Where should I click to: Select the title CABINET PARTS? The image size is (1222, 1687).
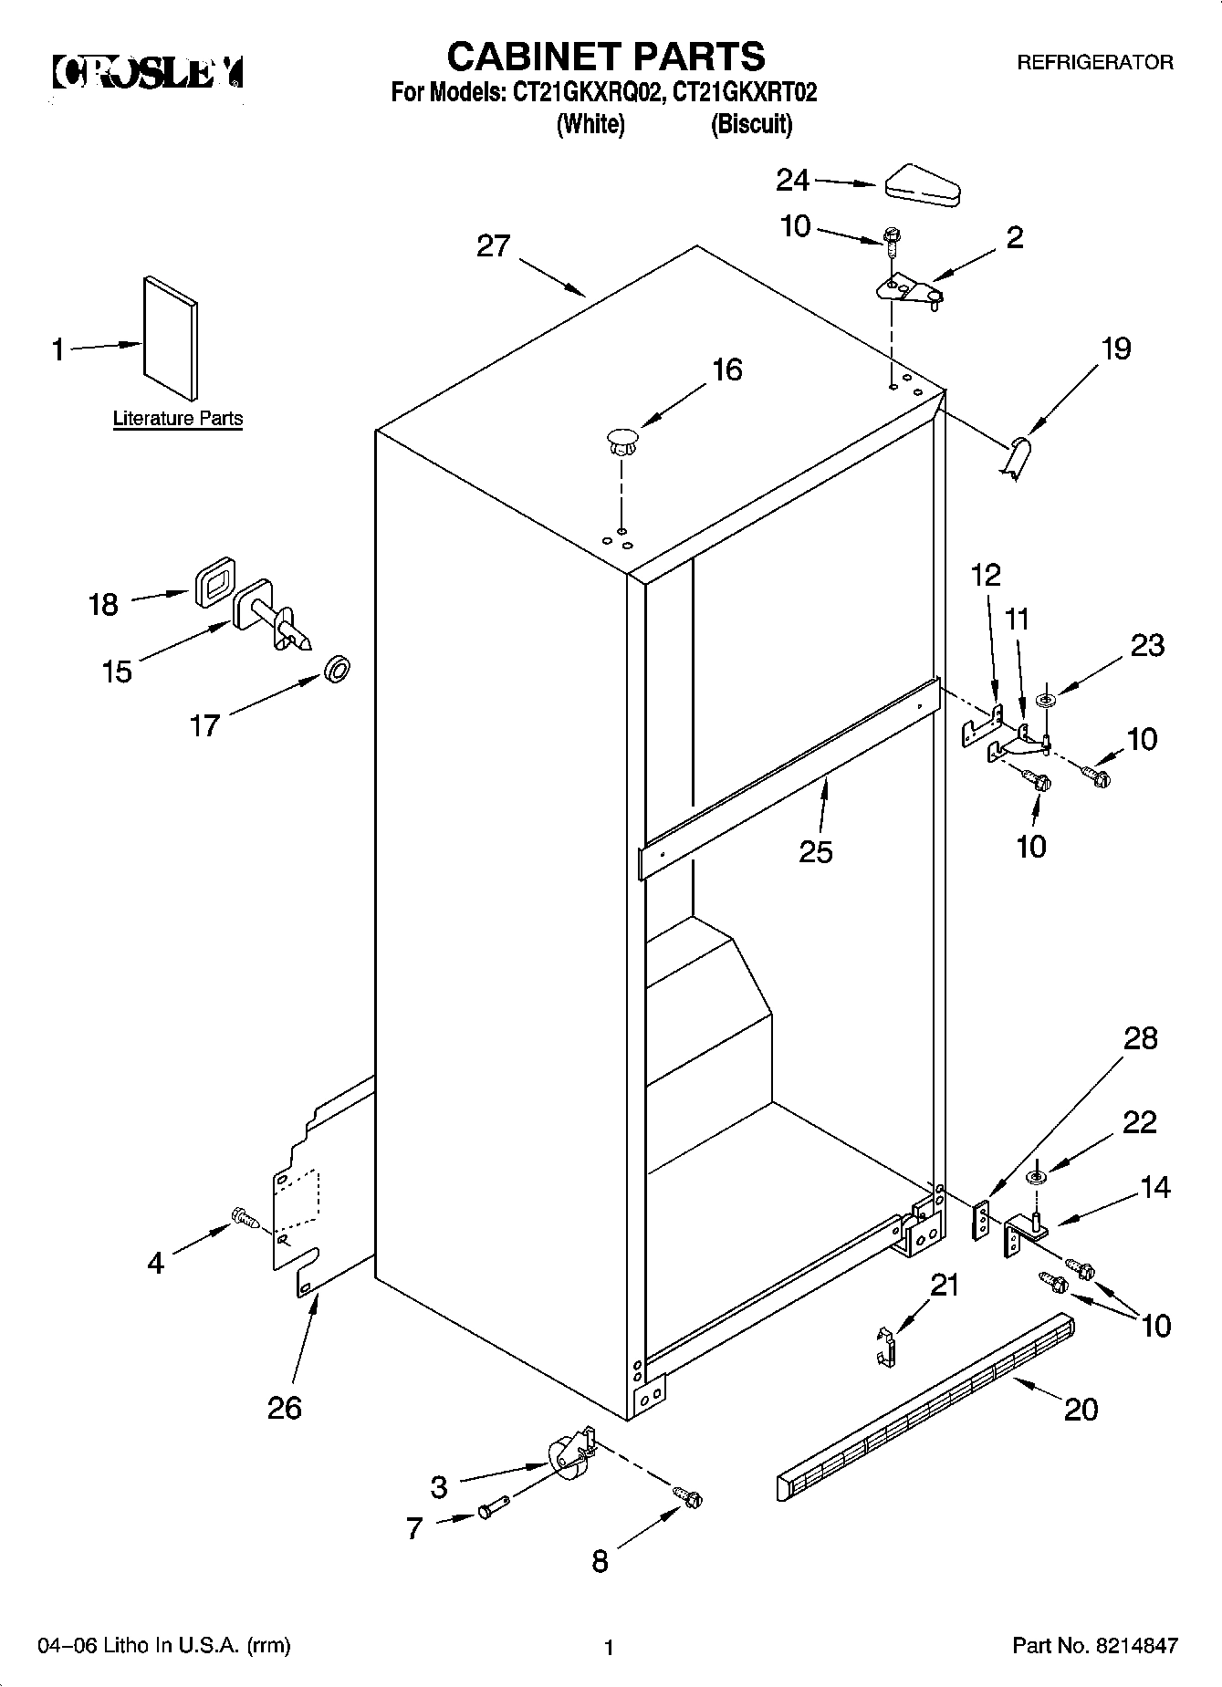[605, 57]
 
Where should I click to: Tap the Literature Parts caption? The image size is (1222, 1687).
[178, 419]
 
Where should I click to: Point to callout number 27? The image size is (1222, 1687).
[494, 246]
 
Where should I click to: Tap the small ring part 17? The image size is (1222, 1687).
[337, 672]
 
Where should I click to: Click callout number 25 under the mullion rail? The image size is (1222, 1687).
[815, 851]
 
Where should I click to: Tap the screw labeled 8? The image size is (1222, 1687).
[687, 1496]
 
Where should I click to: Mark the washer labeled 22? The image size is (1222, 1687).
[1038, 1177]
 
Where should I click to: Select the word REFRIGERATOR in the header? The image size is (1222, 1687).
[1095, 63]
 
